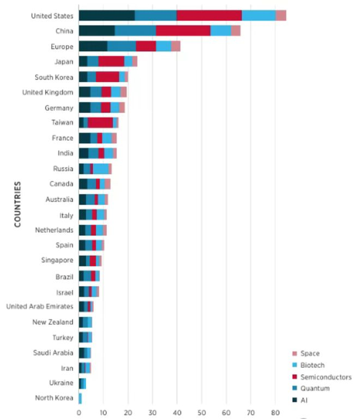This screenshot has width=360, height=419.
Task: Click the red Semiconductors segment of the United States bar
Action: pos(209,15)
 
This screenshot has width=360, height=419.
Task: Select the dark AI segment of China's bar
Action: pos(97,31)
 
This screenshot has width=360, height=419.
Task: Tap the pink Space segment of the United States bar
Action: pos(280,15)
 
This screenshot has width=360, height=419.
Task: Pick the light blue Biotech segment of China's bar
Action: pos(220,31)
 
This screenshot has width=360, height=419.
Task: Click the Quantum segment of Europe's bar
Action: pos(121,46)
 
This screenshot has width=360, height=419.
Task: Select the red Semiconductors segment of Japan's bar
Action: pos(111,62)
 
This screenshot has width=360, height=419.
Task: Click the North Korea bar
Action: pos(80,398)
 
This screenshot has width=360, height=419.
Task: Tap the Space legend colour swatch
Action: pos(295,354)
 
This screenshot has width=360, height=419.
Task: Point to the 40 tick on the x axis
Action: pos(177,412)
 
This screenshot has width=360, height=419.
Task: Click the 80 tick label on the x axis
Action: pos(275,412)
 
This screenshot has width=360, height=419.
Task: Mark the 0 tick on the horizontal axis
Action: pos(79,412)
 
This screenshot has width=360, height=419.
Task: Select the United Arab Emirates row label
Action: pos(40,306)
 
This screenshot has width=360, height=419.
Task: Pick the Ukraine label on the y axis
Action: pos(61,382)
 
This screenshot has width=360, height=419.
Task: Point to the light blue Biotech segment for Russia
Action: pos(100,168)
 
